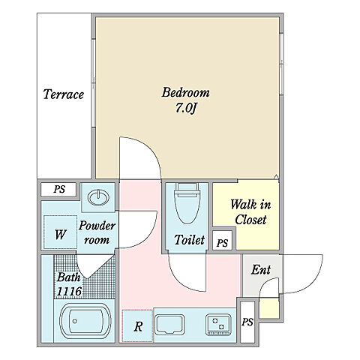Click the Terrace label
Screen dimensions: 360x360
(64, 94)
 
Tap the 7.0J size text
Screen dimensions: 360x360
(186, 108)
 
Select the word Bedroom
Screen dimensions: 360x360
(186, 92)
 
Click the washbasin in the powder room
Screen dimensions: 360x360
(98, 198)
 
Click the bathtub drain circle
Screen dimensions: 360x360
(74, 321)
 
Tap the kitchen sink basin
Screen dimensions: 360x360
(169, 325)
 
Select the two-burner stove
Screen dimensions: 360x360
(218, 325)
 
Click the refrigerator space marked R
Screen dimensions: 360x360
(137, 325)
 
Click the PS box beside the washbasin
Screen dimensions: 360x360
(58, 190)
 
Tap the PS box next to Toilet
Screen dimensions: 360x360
(222, 241)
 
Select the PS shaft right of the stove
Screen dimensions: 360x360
(247, 322)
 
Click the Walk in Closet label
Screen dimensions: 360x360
(250, 212)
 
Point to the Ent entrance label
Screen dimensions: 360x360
(261, 270)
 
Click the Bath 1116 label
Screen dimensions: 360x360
(69, 284)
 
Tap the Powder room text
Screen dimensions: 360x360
(97, 232)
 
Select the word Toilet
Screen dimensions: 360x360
(189, 240)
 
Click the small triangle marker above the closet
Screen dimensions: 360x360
(276, 177)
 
